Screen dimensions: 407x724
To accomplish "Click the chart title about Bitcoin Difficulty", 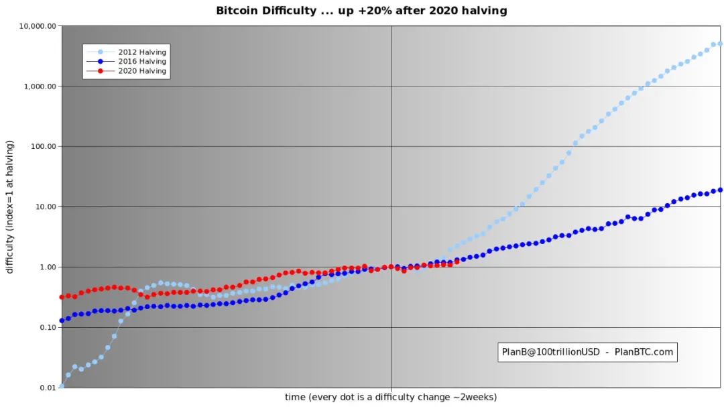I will pos(361,11).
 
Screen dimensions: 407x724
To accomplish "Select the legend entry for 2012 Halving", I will pos(141,52).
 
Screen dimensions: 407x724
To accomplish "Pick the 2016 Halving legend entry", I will pos(141,62).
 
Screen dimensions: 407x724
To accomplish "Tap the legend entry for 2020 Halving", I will pos(141,71).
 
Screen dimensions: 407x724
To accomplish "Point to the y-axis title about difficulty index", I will pos(10,207).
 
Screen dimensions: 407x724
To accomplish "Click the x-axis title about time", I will pos(391,397).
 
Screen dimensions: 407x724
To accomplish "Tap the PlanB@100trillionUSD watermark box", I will pos(587,351).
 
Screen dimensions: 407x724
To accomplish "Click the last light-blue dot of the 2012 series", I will pos(720,44).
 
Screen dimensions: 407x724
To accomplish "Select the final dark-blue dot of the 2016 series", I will pos(720,190).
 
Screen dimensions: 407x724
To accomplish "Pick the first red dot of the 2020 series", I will pos(62,296).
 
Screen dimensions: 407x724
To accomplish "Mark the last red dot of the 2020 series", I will pos(457,262).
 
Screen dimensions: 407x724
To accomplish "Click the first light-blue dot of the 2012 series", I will pos(62,386).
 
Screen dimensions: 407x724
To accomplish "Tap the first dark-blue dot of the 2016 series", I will pos(62,321).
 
